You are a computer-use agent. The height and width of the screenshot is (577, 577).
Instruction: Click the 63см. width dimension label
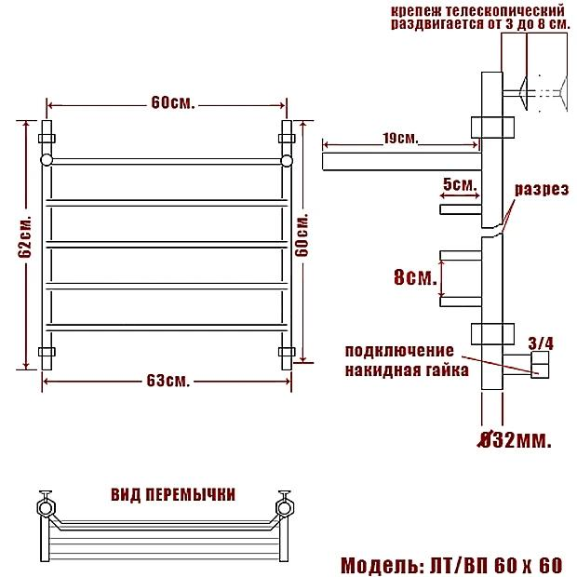(168, 381)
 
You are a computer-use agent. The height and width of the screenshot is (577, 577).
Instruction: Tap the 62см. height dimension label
(25, 236)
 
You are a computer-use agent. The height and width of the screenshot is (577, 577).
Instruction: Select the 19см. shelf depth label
(401, 139)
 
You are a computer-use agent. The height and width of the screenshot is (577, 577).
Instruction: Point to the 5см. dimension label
(460, 183)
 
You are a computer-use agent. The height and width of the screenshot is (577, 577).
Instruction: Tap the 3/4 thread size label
(541, 343)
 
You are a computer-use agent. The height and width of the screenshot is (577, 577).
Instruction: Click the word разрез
(542, 190)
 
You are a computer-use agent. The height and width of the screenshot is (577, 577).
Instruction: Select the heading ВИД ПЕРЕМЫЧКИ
(173, 495)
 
